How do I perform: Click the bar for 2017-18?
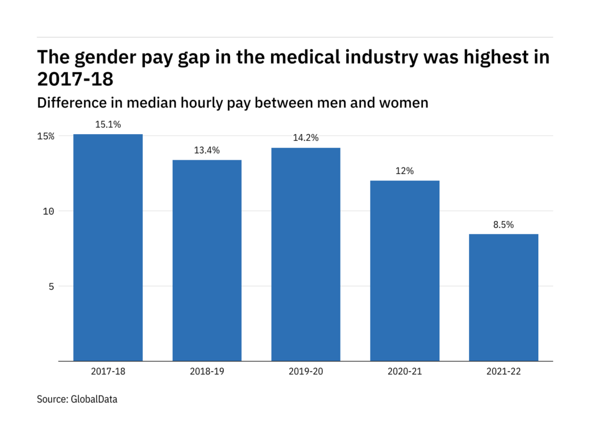[108, 247]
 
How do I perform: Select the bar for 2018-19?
[207, 260]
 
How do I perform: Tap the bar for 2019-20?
[306, 254]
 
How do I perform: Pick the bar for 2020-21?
[405, 270]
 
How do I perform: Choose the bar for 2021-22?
[504, 297]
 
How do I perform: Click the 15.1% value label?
[108, 124]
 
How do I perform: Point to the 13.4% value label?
[207, 150]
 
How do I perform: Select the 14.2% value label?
[306, 138]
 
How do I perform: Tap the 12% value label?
[405, 171]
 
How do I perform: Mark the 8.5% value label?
[504, 224]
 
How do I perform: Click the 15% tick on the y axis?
[47, 136]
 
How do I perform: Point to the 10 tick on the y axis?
[49, 211]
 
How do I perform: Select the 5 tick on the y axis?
[51, 286]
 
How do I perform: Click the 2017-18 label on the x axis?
[108, 372]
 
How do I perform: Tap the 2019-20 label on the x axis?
[306, 372]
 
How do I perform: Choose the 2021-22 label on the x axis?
[504, 372]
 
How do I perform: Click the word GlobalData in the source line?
[94, 399]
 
